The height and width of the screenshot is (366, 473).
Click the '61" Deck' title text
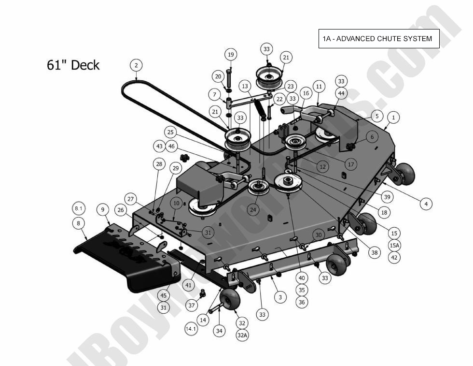(73, 65)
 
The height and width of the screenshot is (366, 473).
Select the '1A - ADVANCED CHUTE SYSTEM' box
(378, 39)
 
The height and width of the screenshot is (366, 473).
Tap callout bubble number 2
(136, 65)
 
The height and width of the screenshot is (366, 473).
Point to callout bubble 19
(230, 55)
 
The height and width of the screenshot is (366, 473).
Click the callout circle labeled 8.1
(79, 208)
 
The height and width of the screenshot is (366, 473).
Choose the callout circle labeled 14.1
(191, 329)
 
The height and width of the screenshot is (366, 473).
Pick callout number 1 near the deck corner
(393, 117)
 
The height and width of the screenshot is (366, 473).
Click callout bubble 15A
(394, 246)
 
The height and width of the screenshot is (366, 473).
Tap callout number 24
(253, 210)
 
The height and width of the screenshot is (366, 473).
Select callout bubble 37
(192, 305)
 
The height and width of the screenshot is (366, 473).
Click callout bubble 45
(164, 295)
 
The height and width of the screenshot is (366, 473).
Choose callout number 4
(426, 204)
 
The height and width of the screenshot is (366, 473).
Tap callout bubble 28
(159, 164)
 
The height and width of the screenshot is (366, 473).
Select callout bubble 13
(245, 87)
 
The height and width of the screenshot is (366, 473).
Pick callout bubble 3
(280, 297)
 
